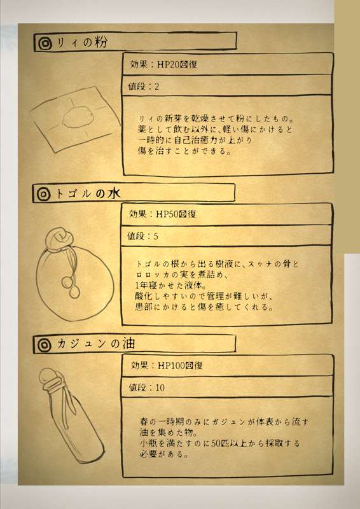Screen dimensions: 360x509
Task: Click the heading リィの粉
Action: tap(81, 43)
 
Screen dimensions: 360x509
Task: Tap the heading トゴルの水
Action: tap(88, 194)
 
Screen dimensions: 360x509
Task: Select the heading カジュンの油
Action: tap(96, 344)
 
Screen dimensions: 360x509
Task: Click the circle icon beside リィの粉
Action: tap(45, 43)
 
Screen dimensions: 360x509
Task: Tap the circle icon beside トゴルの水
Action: tap(44, 194)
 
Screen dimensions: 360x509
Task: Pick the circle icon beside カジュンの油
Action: tap(44, 345)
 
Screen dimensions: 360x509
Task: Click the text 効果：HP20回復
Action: tap(163, 64)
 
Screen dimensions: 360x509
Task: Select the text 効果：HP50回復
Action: tap(163, 214)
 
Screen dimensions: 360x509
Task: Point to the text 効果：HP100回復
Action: tap(167, 365)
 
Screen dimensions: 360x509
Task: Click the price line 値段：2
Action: tap(144, 87)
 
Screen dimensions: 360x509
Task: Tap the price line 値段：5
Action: tap(142, 236)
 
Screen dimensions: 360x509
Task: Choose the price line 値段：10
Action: tap(146, 387)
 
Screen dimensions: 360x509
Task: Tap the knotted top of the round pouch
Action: tap(59, 239)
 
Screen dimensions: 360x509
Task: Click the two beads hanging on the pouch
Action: tap(71, 286)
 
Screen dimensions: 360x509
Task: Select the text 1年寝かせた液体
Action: tap(170, 286)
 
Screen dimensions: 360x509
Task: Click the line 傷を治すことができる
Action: tap(184, 151)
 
